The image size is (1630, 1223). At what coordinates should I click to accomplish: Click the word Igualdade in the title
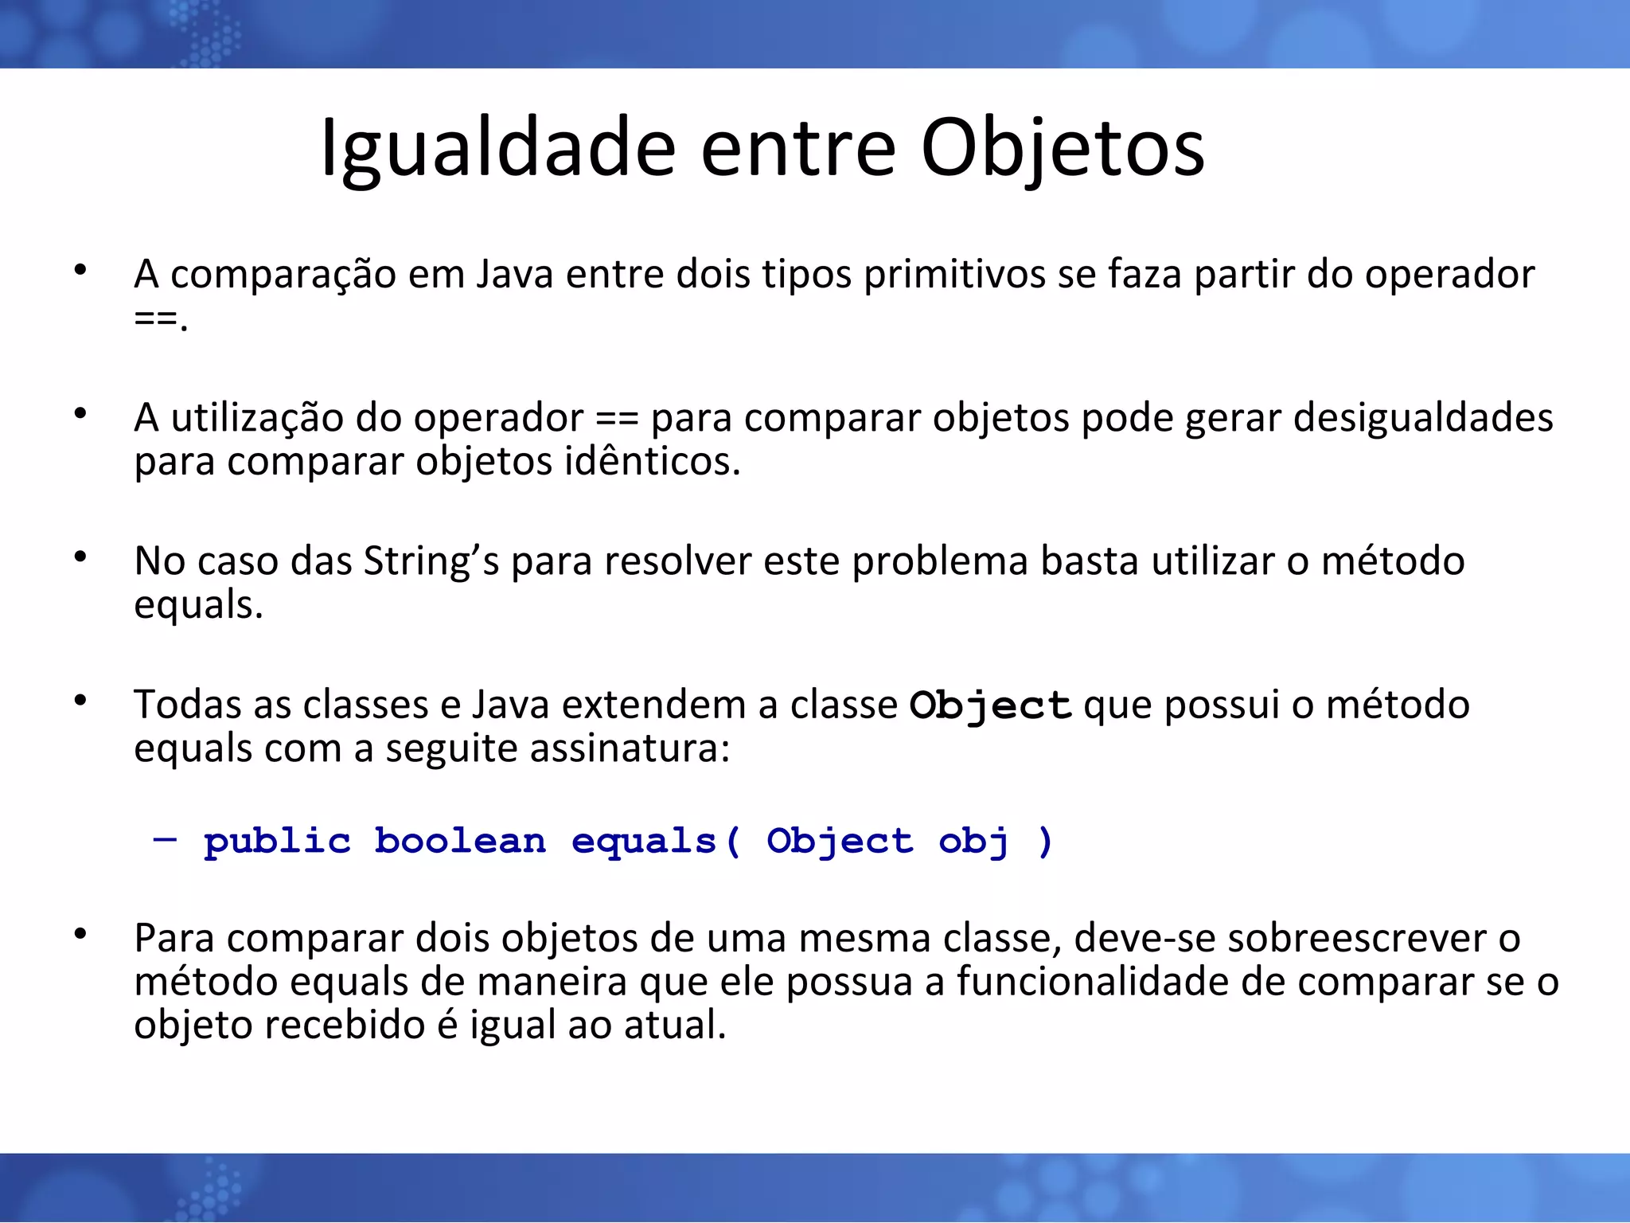click(497, 149)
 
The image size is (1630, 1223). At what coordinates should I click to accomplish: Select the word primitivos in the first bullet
click(954, 275)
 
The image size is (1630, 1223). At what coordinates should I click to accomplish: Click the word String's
click(431, 561)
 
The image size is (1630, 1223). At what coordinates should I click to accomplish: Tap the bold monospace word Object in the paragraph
click(990, 705)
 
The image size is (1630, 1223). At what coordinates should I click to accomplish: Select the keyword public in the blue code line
click(276, 842)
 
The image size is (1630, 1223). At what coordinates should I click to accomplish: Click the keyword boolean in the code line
click(459, 841)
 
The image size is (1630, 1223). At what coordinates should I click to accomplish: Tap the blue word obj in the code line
click(973, 842)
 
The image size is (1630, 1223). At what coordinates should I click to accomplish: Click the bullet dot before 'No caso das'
click(80, 557)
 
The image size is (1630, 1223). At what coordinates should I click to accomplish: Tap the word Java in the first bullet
click(515, 275)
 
